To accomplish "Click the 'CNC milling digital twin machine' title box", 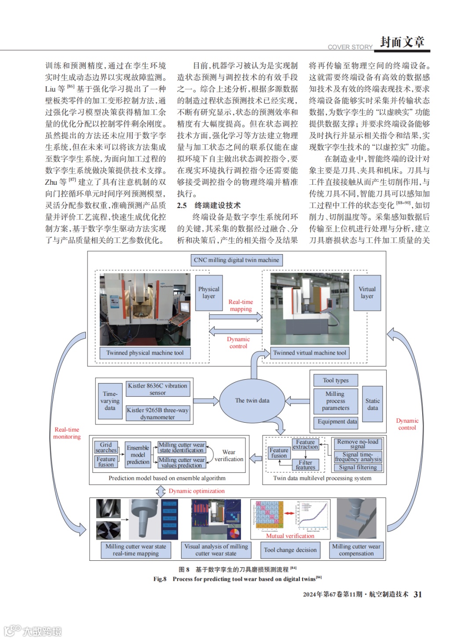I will click(237, 260).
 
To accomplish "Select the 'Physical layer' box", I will click(209, 293).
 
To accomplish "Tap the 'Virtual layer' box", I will click(367, 293).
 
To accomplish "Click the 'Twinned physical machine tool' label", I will click(145, 353).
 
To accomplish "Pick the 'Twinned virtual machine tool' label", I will click(310, 353).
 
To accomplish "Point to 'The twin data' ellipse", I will click(252, 401).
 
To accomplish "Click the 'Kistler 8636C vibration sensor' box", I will click(157, 389).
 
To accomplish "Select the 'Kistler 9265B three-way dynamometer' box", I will click(157, 413).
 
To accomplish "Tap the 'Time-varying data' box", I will click(110, 401).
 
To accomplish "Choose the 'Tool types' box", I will click(336, 380).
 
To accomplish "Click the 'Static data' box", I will click(373, 404).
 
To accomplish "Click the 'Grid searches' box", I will click(106, 448).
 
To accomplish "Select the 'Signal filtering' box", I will click(358, 468).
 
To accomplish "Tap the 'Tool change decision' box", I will click(290, 550).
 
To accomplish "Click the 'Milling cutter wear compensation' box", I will click(356, 550).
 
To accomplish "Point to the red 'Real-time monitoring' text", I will click(67, 433).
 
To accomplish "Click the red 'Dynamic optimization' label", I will click(197, 491).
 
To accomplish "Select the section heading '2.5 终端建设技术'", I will click(209, 205).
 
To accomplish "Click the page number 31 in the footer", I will click(418, 594).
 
